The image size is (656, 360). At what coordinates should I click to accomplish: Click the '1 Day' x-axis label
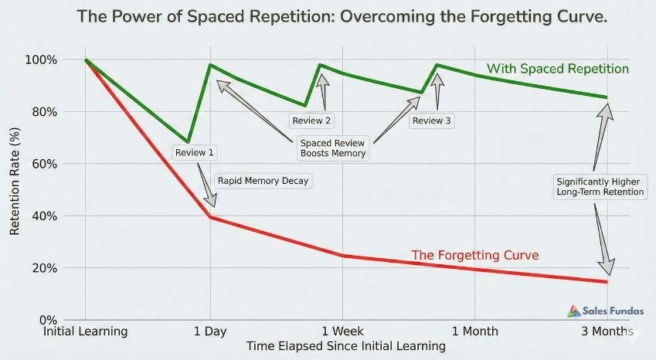[x=210, y=331]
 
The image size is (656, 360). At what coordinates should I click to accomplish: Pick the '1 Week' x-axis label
[x=342, y=331]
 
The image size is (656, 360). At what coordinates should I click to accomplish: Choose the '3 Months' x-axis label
[x=607, y=331]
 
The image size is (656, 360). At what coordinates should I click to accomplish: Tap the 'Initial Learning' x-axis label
[x=86, y=331]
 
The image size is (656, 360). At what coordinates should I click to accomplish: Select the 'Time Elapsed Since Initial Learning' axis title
[x=345, y=346]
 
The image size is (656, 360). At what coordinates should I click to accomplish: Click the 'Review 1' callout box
[x=195, y=152]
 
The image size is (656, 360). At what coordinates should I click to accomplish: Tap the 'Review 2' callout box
[x=311, y=121]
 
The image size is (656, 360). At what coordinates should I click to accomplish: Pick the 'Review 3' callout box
[x=432, y=121]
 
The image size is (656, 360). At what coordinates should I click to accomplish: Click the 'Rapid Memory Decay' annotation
[x=263, y=181]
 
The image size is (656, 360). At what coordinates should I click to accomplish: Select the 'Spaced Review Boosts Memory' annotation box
[x=333, y=148]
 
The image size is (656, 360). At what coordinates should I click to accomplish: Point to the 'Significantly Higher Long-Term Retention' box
[x=600, y=187]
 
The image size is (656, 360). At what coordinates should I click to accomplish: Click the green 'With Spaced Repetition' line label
[x=557, y=69]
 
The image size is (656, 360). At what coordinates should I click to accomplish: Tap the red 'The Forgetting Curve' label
[x=474, y=255]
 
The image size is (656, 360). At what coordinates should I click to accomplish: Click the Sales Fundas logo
[x=606, y=311]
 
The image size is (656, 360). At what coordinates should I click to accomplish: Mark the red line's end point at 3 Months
[x=607, y=281]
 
